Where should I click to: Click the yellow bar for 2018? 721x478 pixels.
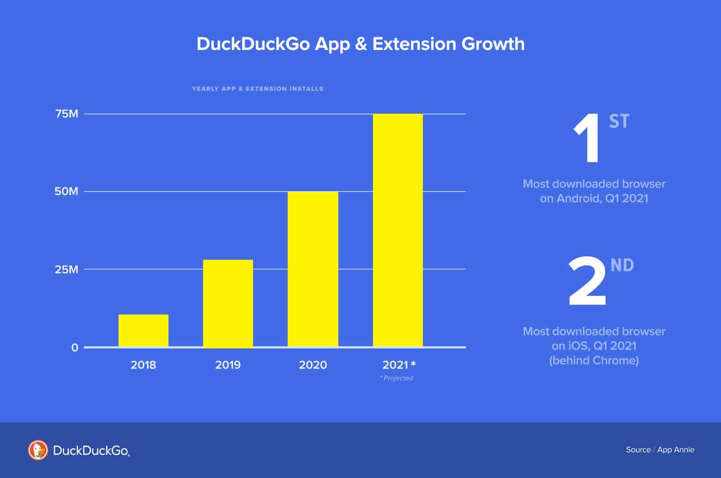point(143,330)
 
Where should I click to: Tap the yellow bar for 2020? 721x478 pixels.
point(313,269)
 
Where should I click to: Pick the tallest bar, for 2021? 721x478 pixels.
point(398,230)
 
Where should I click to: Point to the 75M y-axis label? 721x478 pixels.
point(67,114)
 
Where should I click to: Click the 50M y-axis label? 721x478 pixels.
point(66,192)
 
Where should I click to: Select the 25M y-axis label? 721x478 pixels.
point(67,270)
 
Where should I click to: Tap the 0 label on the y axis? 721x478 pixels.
point(75,347)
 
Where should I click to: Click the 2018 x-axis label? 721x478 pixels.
point(143,365)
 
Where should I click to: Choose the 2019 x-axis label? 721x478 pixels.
point(228,365)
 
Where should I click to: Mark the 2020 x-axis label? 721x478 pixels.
point(313,365)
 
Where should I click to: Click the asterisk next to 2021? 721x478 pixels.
point(413,363)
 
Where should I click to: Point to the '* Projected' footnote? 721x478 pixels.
point(397,378)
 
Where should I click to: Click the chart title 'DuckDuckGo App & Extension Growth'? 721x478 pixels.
point(360,44)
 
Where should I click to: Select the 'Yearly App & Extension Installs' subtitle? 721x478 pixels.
point(258,89)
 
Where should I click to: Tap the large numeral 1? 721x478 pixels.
point(587,140)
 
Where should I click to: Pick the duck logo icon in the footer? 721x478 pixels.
point(38,450)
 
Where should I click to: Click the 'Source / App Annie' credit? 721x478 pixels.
point(660,450)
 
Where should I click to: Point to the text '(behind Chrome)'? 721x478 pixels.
point(594,361)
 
